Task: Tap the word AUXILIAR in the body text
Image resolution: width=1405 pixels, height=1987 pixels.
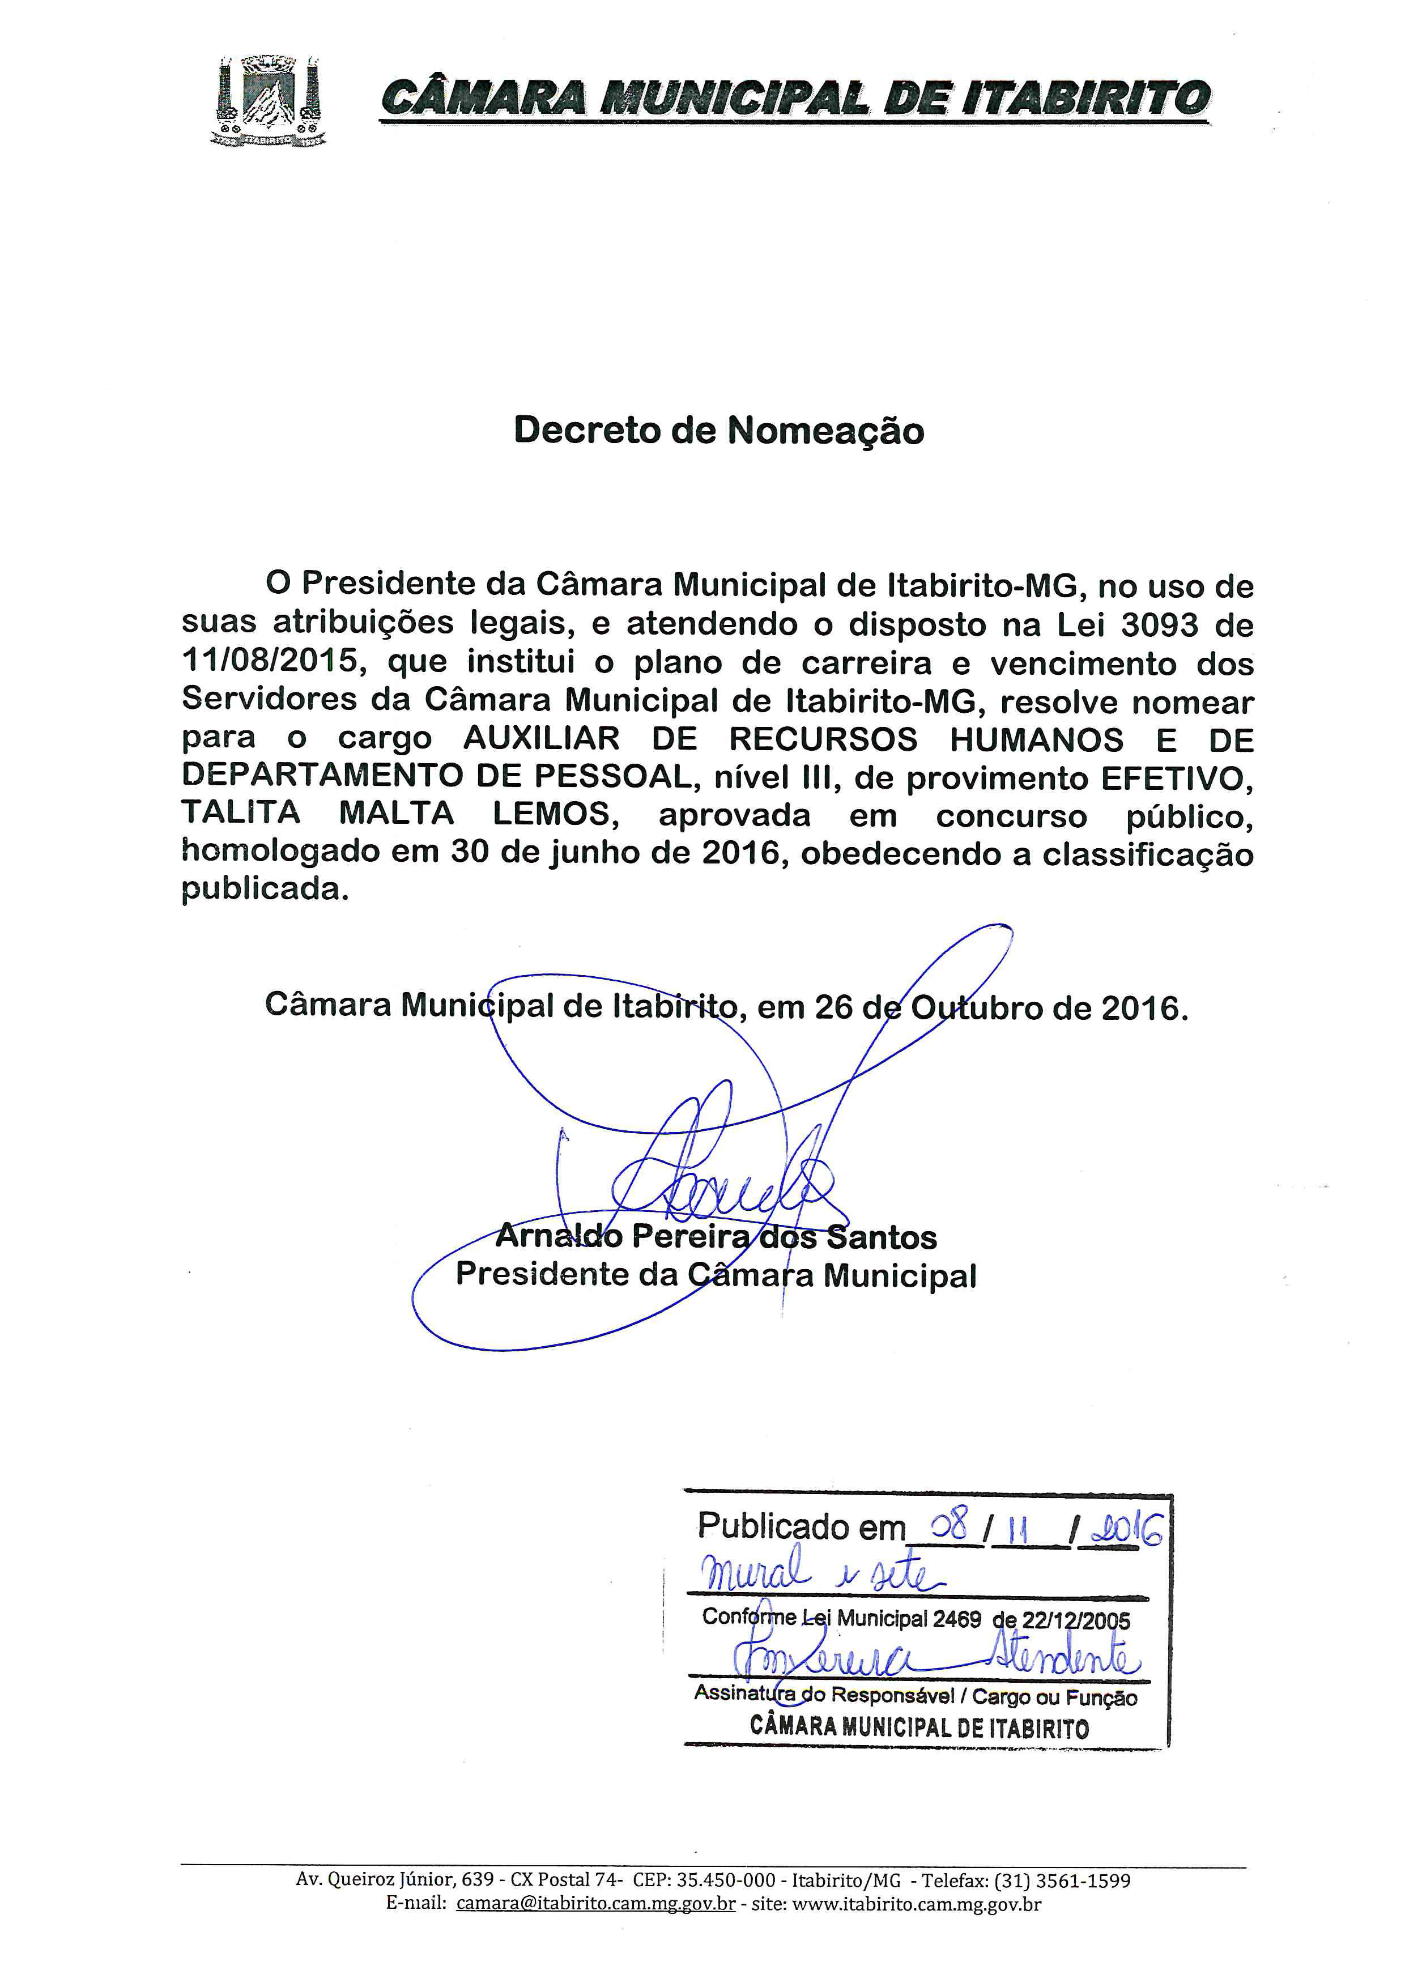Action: click(542, 738)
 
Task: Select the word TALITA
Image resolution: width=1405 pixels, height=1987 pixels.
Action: click(241, 814)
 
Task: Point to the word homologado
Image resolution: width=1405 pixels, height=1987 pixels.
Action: click(279, 853)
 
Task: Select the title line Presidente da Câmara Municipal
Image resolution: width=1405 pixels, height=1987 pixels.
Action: click(716, 1275)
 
